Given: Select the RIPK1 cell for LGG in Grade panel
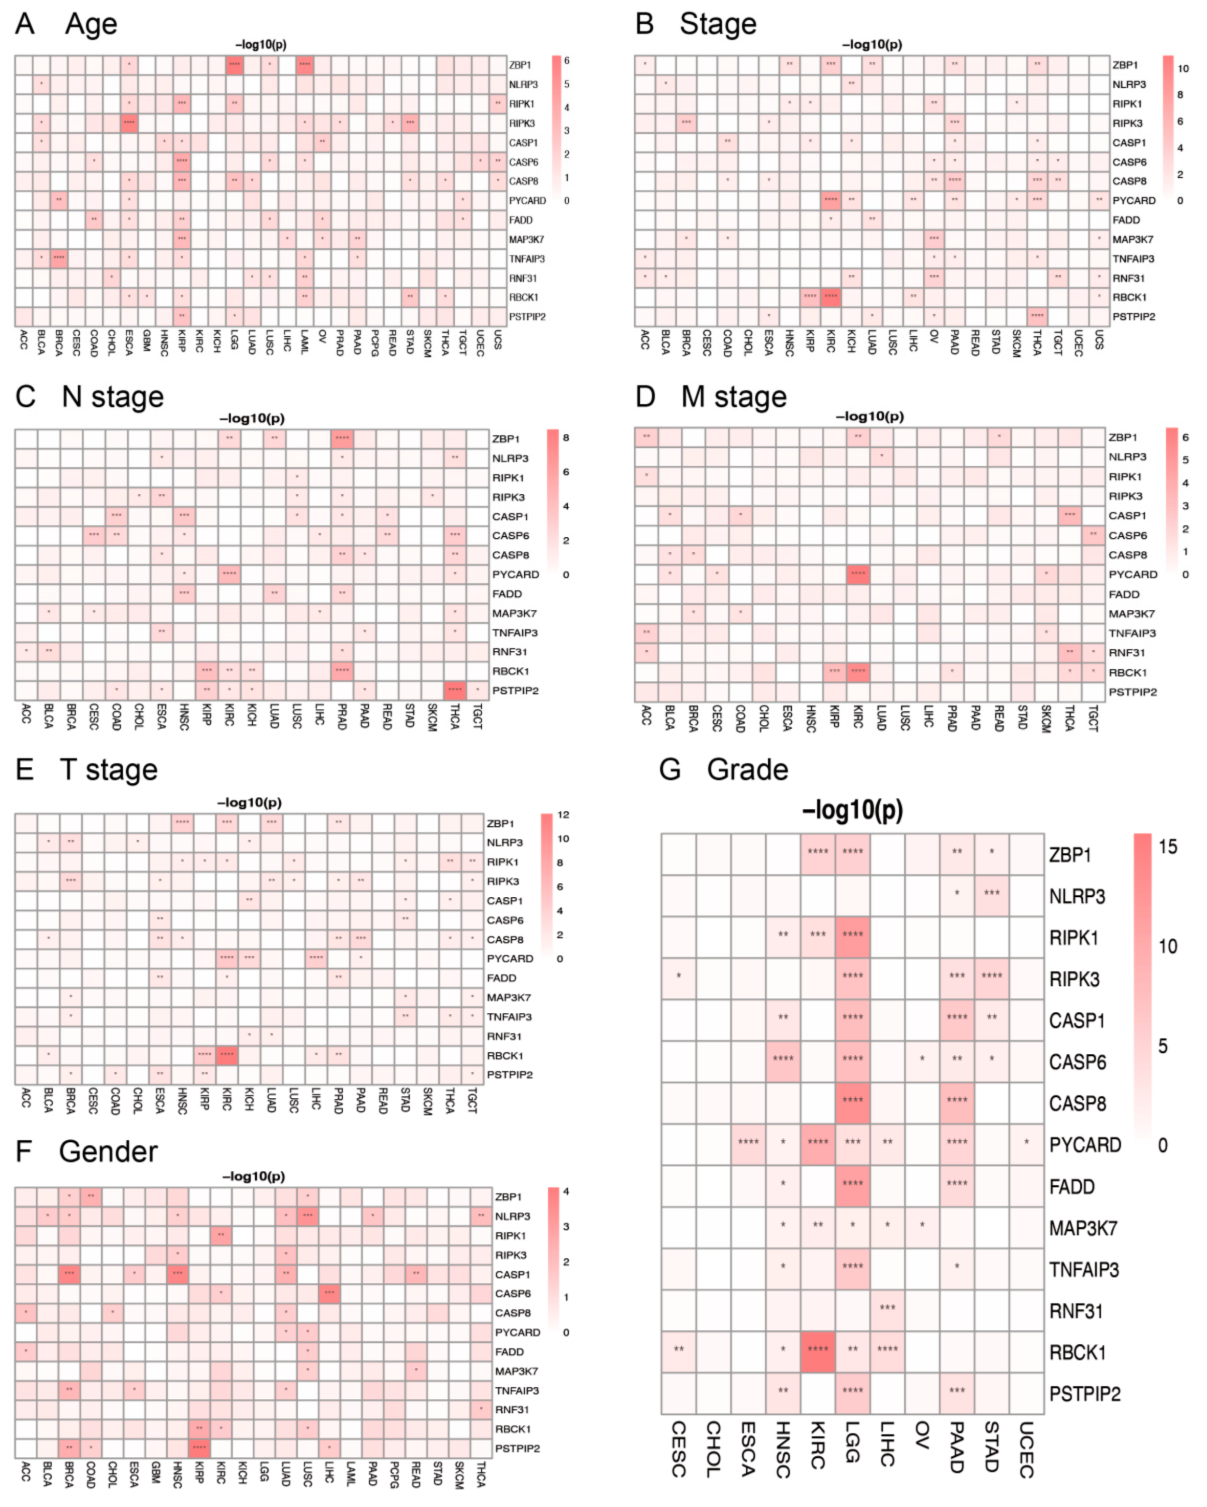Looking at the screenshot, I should coord(852,937).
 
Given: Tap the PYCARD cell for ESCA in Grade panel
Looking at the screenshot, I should coord(748,1143).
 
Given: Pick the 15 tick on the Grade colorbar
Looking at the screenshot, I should coord(1168,847).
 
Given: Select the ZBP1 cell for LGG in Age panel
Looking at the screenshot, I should coord(234,64).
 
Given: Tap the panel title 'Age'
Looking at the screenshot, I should coord(91,24).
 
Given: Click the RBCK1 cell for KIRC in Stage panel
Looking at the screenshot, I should coord(830,296).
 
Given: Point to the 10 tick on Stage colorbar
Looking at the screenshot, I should coord(1183,68).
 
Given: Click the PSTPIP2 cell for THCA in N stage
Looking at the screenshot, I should coord(454,690).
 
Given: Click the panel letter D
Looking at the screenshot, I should coord(644,396).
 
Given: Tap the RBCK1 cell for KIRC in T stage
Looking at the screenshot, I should coord(226,1055).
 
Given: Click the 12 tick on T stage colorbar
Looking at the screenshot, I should coord(563,815).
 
